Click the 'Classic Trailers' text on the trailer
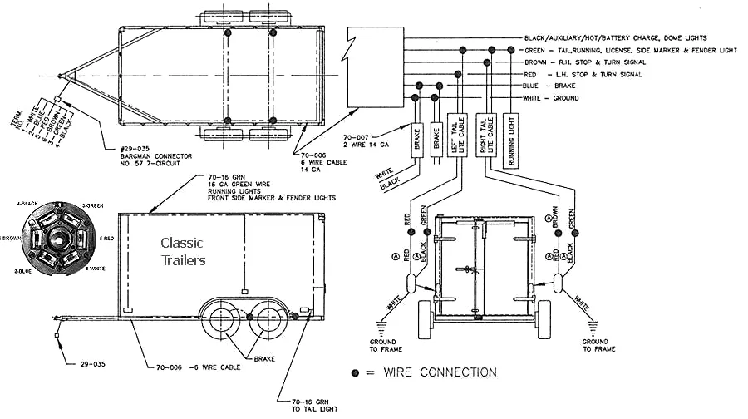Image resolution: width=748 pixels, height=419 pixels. pyautogui.click(x=184, y=252)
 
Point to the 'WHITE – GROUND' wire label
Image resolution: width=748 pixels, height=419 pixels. pyautogui.click(x=551, y=98)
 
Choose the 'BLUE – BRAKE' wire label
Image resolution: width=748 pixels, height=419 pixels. pyautogui.click(x=548, y=86)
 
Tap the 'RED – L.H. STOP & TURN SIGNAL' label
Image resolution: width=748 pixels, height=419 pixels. pyautogui.click(x=582, y=75)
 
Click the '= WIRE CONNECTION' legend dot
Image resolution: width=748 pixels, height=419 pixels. pyautogui.click(x=356, y=372)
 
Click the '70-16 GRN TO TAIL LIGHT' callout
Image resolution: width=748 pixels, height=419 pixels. pyautogui.click(x=310, y=403)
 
